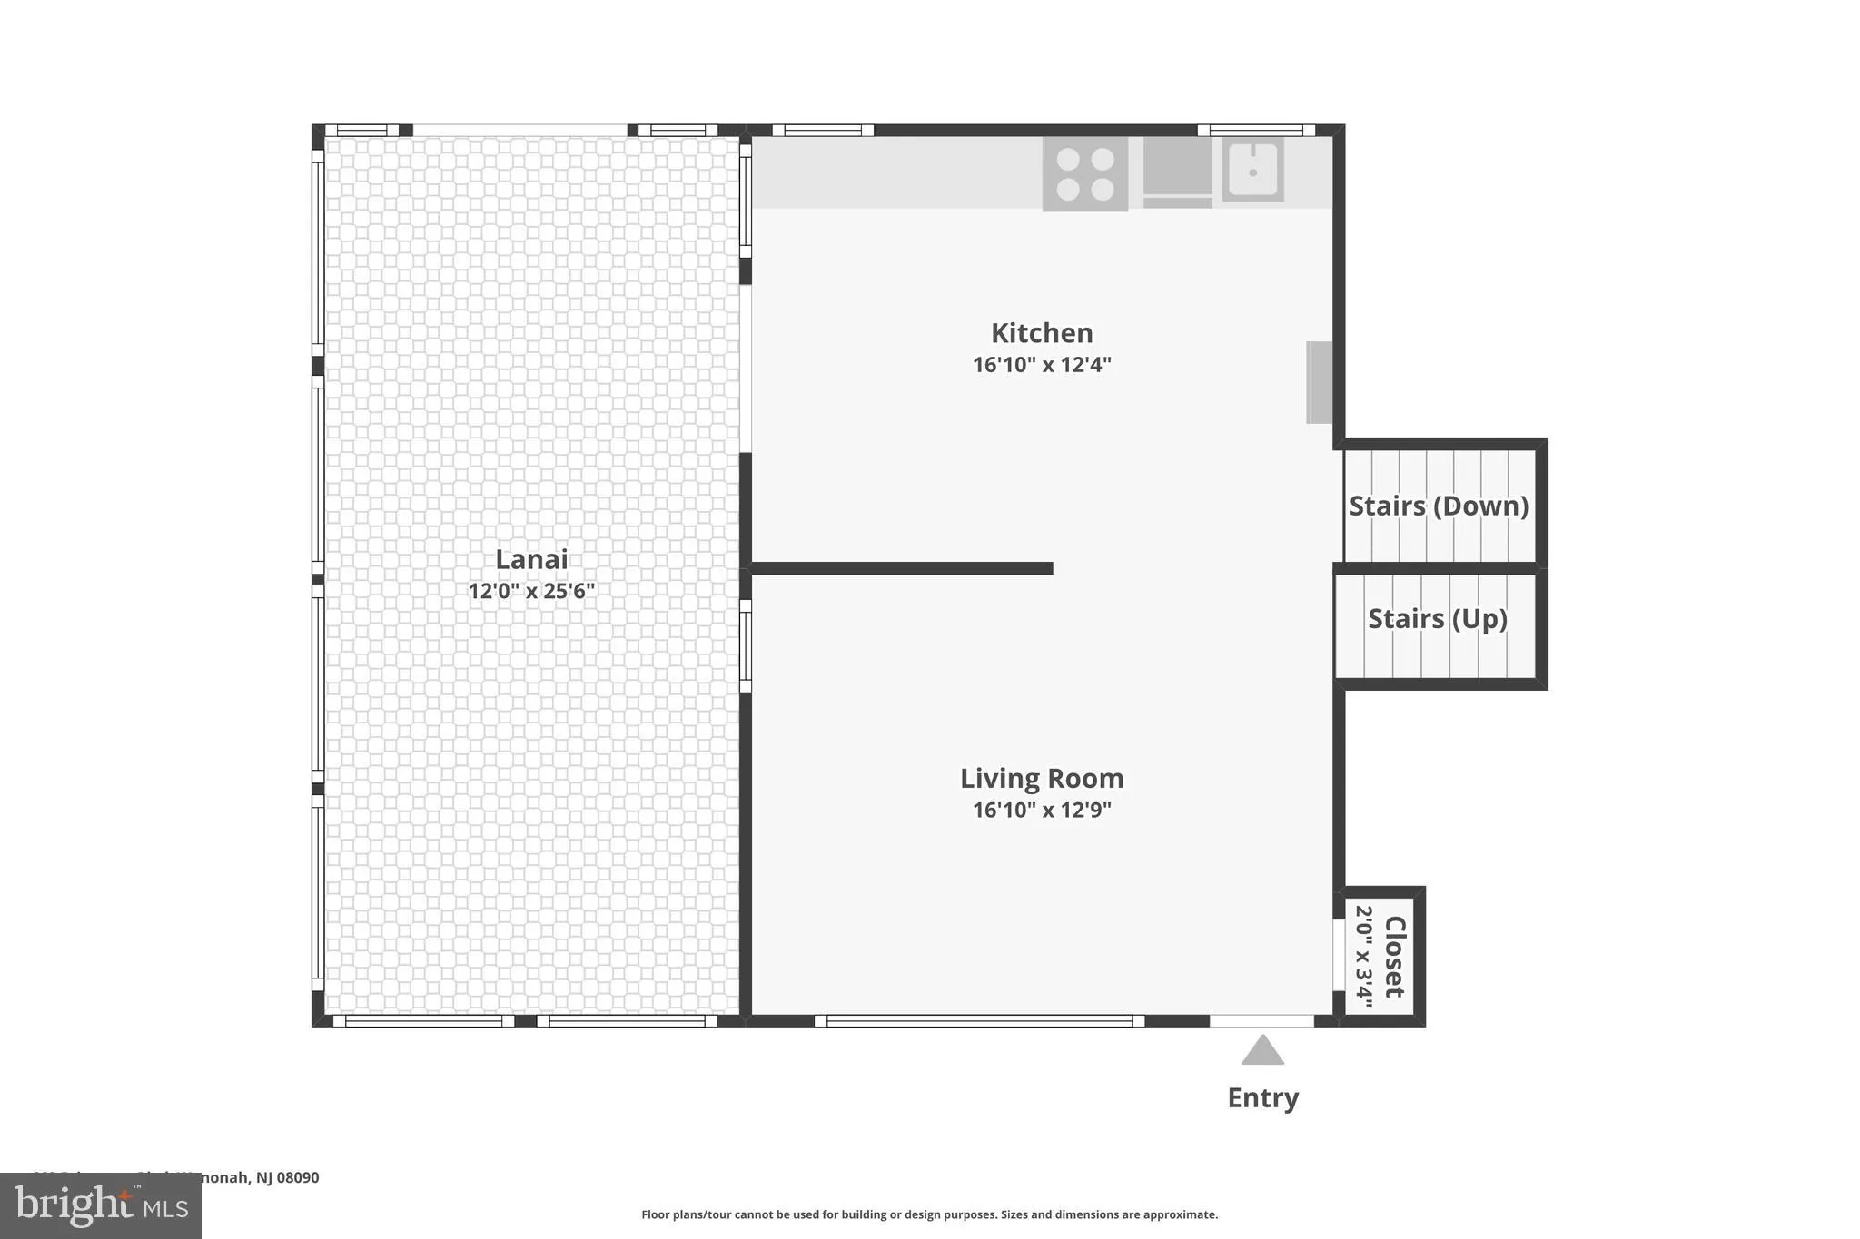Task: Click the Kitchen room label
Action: point(1041,333)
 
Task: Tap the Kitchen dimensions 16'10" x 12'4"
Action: point(1042,365)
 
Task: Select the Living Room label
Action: point(1042,779)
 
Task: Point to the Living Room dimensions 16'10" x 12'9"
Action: point(1042,810)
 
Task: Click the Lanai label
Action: point(531,559)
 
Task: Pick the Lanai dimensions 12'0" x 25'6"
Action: point(531,591)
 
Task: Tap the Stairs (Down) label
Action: point(1439,506)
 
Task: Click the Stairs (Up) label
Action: point(1438,619)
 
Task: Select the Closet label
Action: point(1394,957)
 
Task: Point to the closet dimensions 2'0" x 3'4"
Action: point(1364,952)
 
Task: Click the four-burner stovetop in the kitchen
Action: point(1084,174)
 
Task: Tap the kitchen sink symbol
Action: point(1252,170)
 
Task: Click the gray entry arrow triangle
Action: point(1262,1051)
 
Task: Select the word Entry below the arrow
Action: point(1262,1097)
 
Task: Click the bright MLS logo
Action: point(100,1205)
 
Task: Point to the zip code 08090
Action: point(298,1177)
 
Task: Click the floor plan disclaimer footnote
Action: point(929,1214)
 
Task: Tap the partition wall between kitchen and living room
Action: point(902,568)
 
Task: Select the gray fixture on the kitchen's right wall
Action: point(1319,382)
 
